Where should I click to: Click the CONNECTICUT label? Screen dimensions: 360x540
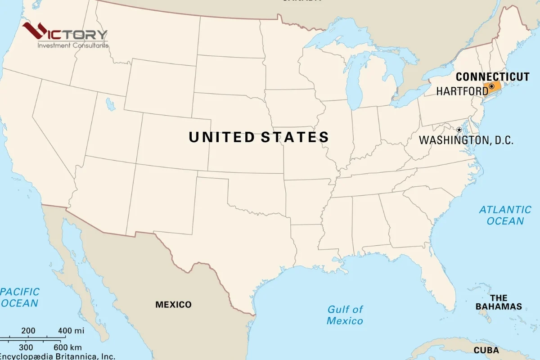point(493,77)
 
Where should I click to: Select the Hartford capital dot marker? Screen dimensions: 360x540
point(491,86)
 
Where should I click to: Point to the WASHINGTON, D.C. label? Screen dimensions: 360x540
point(466,140)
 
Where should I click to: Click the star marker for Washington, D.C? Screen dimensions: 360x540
point(459,130)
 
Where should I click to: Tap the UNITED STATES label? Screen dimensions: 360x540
point(259,137)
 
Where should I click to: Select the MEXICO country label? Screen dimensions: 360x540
point(173,305)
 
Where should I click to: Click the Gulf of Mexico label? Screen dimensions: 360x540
point(345,315)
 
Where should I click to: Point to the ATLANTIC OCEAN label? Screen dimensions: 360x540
point(505,215)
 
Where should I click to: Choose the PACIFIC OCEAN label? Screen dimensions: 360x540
point(19,297)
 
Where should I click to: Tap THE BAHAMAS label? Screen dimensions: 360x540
point(499,302)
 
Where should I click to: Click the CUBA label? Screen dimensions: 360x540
point(486,350)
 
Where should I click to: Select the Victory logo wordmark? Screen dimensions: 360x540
point(65,33)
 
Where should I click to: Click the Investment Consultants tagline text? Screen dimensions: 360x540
point(72,45)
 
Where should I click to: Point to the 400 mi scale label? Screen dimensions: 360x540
point(71,331)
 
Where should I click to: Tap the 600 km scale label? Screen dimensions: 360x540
point(67,347)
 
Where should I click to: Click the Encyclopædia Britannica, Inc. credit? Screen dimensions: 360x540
point(57,356)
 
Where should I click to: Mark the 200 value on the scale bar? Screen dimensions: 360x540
point(28,331)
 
